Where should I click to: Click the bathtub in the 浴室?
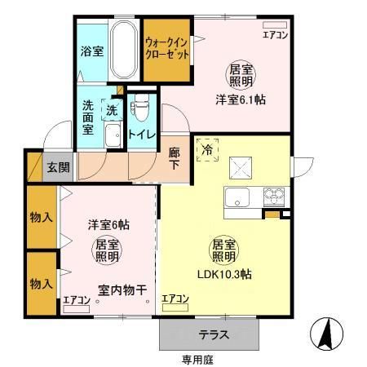(x=122, y=49)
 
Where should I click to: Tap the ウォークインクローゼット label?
(x=167, y=47)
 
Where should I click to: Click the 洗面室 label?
(x=88, y=116)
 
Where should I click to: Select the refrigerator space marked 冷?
(x=207, y=151)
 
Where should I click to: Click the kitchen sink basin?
(x=239, y=197)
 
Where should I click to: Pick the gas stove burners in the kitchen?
(x=272, y=197)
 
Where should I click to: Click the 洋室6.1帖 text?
(x=241, y=99)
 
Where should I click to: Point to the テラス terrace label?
(x=214, y=334)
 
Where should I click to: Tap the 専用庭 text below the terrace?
(x=196, y=358)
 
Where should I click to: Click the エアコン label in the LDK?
(x=175, y=299)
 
